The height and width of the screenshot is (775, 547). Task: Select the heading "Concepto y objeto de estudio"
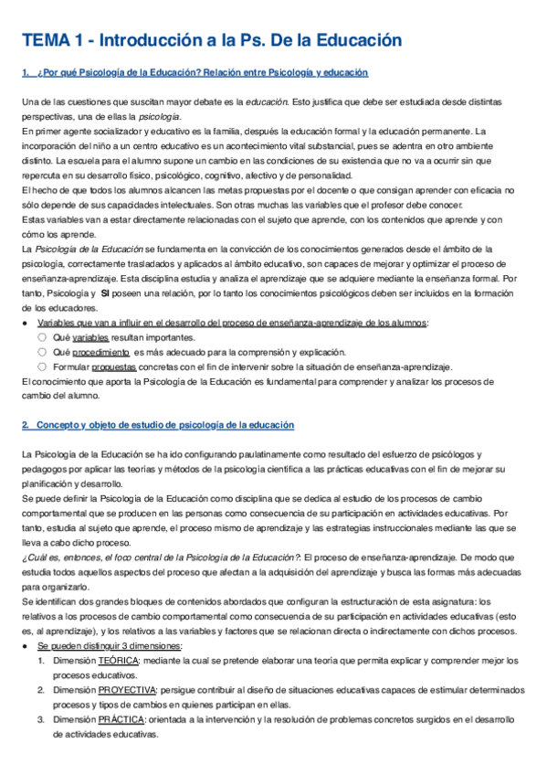(165, 426)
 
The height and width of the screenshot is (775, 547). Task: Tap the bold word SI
(105, 294)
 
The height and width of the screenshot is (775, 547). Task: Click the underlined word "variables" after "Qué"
(89, 337)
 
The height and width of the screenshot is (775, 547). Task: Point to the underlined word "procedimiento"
(101, 352)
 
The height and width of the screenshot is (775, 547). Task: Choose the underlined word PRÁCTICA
(121, 719)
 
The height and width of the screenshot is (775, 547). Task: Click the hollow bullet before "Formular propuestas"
(42, 366)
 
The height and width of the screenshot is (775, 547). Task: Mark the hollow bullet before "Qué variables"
(42, 337)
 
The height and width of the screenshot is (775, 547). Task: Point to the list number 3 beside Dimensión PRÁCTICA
(41, 719)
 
